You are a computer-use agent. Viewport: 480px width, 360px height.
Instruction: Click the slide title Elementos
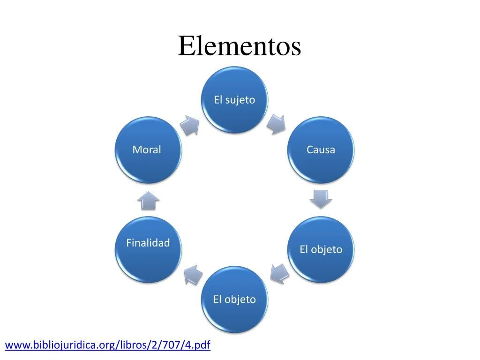(239, 46)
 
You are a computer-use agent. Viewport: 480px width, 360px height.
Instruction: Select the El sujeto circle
(234, 99)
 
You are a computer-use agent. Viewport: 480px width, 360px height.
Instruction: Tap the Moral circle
(147, 150)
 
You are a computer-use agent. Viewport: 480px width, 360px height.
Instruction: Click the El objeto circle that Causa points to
(321, 249)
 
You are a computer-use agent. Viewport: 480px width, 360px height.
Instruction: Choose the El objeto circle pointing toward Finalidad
(234, 300)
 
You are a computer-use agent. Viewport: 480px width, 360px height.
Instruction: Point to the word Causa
(321, 150)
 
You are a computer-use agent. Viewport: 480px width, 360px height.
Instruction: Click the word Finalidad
(148, 243)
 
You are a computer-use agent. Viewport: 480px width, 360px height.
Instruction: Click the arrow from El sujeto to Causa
(277, 123)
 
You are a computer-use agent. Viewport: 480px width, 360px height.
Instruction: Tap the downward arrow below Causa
(321, 198)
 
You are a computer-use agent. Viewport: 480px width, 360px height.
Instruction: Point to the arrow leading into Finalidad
(193, 274)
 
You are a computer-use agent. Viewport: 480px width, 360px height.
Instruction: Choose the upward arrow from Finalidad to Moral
(149, 201)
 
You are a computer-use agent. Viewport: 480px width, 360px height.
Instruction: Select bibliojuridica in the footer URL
(62, 346)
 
